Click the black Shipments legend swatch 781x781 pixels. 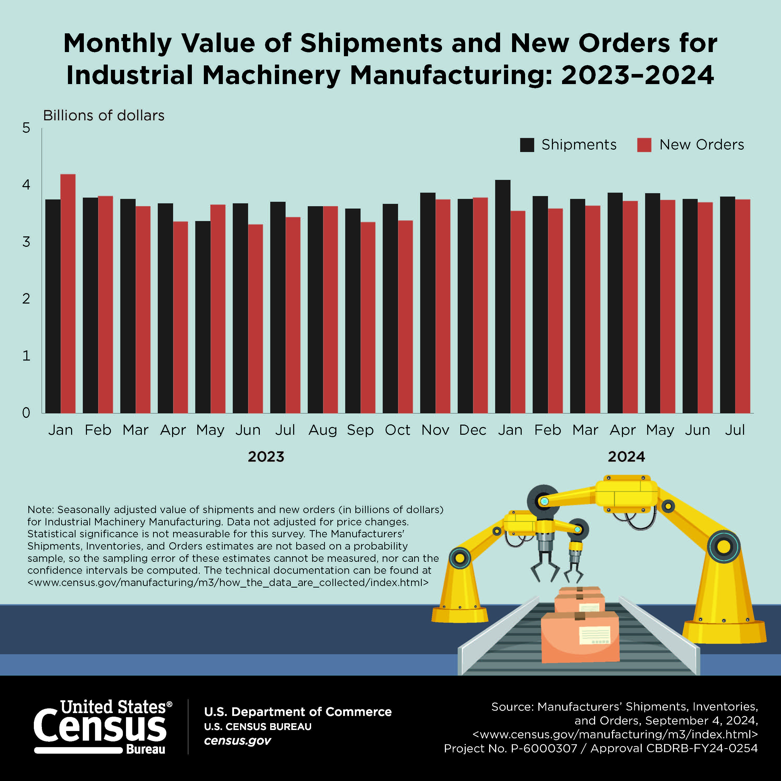[x=527, y=145]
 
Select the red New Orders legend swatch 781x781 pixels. [x=644, y=145]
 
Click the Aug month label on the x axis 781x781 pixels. [x=323, y=430]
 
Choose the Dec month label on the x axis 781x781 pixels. [x=473, y=430]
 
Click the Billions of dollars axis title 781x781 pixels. [x=104, y=116]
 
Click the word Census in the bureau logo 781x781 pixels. [x=100, y=728]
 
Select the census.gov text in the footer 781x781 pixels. [x=237, y=741]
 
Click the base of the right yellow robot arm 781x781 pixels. [x=724, y=631]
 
